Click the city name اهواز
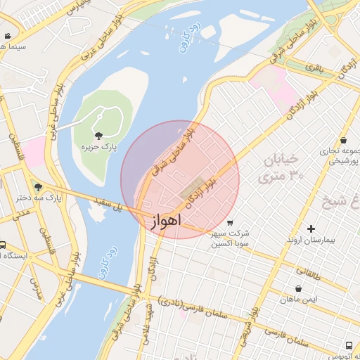pos(166,220)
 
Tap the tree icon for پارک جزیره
pos(97,135)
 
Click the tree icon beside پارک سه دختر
pos(38,187)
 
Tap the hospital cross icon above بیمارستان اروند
pos(311,229)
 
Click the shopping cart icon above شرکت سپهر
pos(230,223)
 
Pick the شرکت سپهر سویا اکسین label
pos(231,238)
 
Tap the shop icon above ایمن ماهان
pos(299,288)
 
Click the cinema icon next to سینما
pos(7,36)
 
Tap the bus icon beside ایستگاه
pos(3,245)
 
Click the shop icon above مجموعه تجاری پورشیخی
pos(343,140)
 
